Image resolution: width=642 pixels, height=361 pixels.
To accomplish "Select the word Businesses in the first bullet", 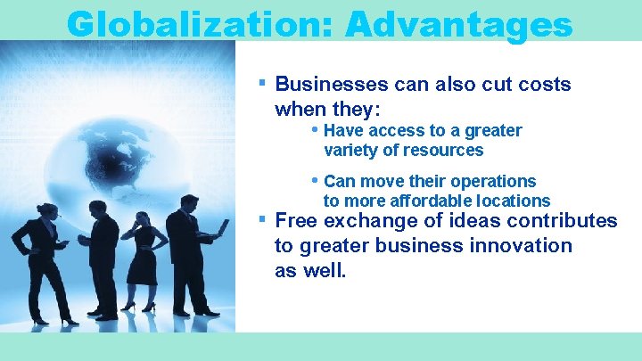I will click(x=332, y=85).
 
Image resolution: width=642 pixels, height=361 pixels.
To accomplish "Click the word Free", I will click(x=297, y=221).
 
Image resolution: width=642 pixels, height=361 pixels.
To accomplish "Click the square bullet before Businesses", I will click(x=262, y=82).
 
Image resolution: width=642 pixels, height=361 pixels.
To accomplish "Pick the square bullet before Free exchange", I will click(x=262, y=218).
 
